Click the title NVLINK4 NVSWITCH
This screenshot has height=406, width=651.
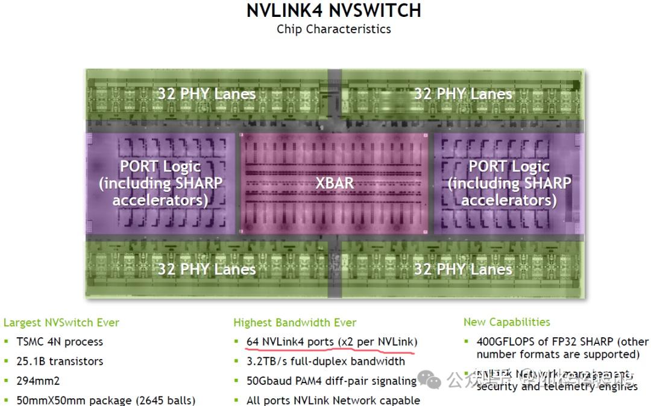pos(333,11)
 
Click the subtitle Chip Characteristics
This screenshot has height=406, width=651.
pos(333,29)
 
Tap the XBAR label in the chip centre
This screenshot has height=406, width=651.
pos(335,183)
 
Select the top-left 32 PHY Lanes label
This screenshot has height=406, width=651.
pos(207,94)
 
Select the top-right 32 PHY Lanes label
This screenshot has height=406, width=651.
pos(463,94)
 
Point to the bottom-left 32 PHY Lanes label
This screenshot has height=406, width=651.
pos(207,269)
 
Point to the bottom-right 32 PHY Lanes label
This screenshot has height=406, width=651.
pos(463,269)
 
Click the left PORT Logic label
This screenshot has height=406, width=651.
pos(160,183)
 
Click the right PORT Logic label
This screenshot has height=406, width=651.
pos(509,183)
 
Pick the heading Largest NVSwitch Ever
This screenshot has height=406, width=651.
pos(61,323)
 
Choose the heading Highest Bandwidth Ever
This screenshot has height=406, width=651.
pos(295,323)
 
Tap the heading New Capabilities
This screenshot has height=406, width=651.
pos(506,322)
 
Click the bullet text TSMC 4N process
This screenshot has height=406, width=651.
pos(60,341)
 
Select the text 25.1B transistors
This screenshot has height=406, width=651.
pos(60,361)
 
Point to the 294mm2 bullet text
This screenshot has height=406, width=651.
pos(38,381)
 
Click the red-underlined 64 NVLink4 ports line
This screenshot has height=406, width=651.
pos(332,342)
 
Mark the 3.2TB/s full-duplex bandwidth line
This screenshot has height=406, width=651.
pos(325,361)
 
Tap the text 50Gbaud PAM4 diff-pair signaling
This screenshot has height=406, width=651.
pos(332,381)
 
